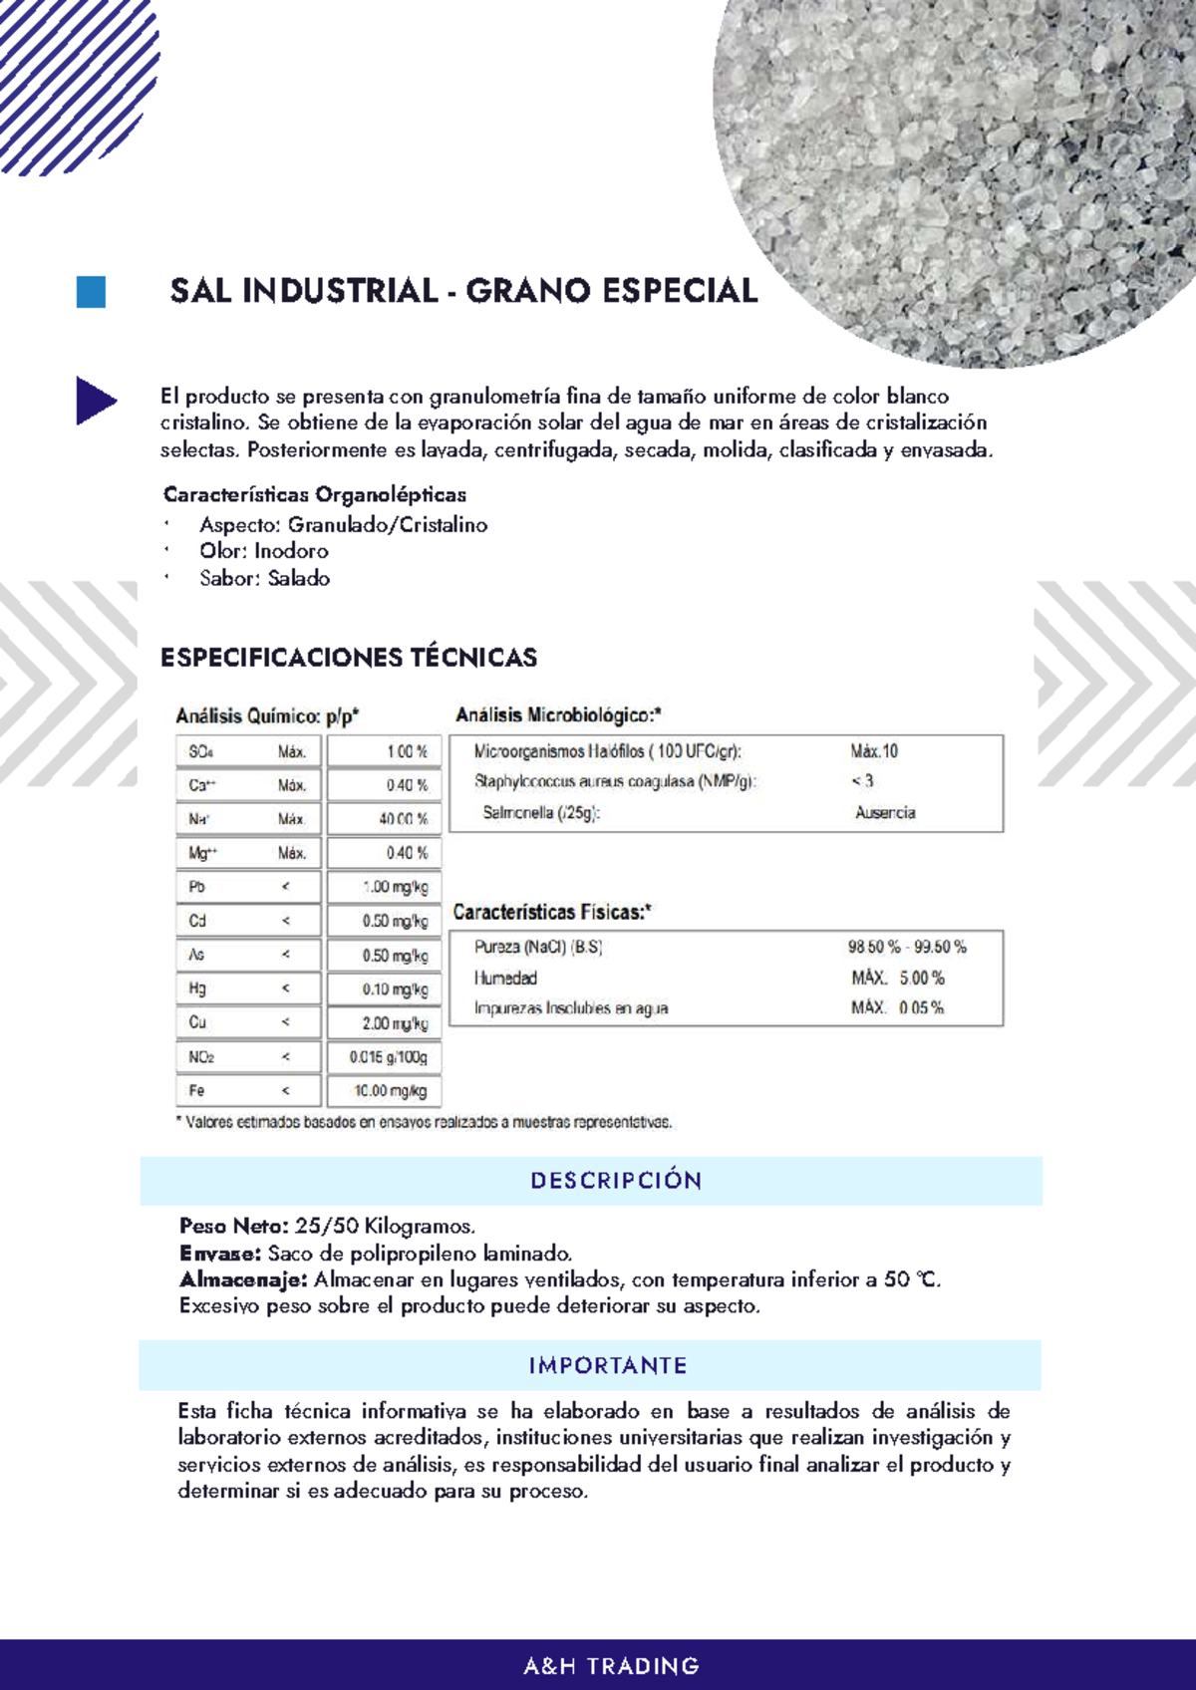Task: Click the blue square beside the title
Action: click(91, 292)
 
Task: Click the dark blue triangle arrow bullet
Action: click(94, 401)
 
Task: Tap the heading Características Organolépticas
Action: click(314, 494)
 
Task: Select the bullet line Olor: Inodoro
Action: click(263, 551)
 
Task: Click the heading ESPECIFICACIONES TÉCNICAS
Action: click(348, 658)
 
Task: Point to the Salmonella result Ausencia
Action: click(884, 813)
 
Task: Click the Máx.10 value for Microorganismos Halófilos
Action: click(874, 751)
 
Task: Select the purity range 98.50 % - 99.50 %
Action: click(906, 947)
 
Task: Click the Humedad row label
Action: click(505, 979)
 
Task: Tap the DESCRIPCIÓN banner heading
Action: click(616, 1181)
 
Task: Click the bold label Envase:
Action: click(219, 1254)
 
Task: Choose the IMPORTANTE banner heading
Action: click(607, 1365)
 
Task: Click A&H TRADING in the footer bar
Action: click(611, 1666)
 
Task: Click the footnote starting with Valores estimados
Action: click(424, 1122)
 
